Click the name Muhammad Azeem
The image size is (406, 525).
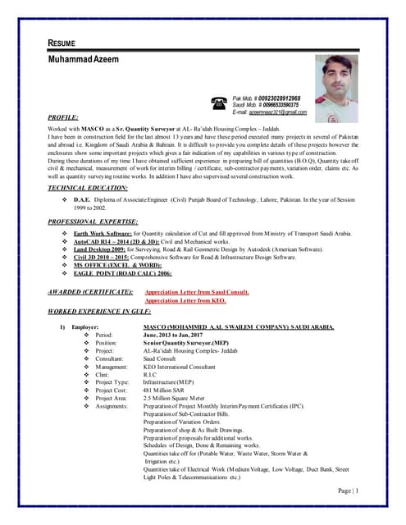pos(84,62)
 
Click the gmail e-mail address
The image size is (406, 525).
pos(276,112)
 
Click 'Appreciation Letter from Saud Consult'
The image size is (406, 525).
pos(197,292)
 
